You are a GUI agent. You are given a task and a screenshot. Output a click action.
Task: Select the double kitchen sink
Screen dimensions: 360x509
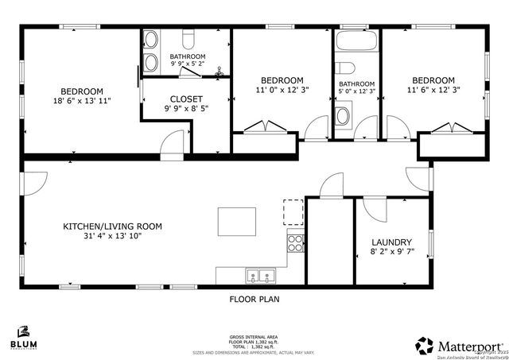tap(259, 277)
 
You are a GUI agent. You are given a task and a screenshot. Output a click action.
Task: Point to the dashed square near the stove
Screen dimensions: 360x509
tap(293, 212)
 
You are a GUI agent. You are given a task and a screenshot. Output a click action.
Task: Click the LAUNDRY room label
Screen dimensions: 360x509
tap(391, 242)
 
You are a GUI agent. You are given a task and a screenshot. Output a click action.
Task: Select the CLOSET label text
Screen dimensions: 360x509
tap(187, 99)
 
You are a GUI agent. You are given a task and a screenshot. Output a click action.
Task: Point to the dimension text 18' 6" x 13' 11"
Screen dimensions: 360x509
tap(82, 101)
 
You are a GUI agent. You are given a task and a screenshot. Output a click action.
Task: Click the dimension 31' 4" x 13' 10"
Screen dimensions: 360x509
tap(112, 236)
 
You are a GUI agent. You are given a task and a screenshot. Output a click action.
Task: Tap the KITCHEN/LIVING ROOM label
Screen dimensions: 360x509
tap(112, 226)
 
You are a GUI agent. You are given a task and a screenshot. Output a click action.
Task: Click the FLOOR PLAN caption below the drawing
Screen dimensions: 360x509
tap(254, 300)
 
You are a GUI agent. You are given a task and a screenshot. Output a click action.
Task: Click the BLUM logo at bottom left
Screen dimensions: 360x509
tap(23, 337)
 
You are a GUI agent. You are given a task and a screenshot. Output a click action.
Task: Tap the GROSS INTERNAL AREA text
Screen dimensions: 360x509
tap(254, 337)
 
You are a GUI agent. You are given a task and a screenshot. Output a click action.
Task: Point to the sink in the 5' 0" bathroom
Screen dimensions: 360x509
tap(344, 117)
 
